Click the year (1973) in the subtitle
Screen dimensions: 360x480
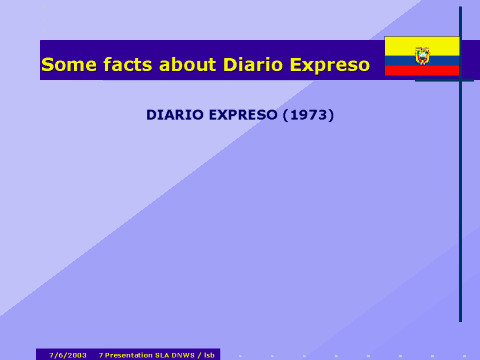[308, 115]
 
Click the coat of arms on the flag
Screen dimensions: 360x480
[422, 55]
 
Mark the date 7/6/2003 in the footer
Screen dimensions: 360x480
[68, 355]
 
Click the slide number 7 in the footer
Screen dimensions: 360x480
[101, 355]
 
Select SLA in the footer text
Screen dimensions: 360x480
[161, 355]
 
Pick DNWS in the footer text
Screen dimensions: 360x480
[182, 355]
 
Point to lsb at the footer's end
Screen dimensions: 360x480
[209, 355]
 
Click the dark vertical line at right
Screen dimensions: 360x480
[461, 200]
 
